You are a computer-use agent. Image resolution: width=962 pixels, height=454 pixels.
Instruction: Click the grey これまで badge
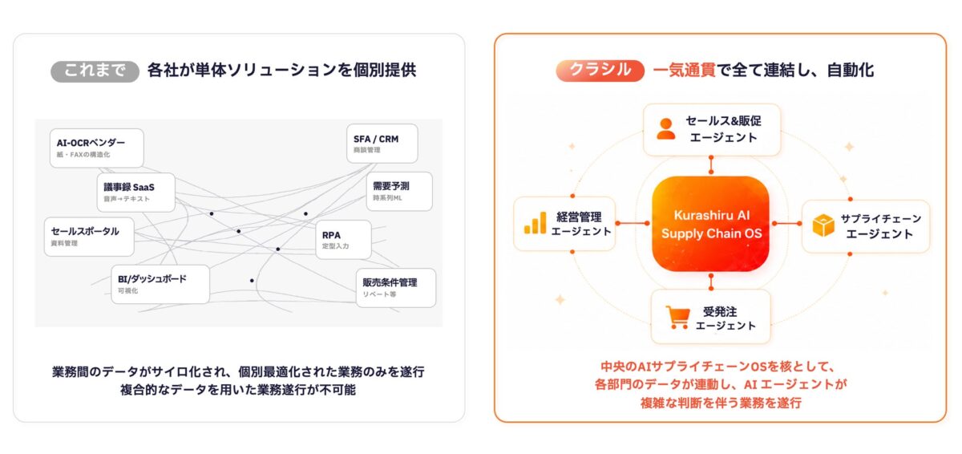(x=95, y=71)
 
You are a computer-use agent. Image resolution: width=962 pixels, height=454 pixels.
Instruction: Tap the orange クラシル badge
(x=600, y=71)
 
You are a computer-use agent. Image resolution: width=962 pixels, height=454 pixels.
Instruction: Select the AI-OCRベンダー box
(x=97, y=148)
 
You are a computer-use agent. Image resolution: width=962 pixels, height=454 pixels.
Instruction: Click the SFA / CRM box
(x=382, y=144)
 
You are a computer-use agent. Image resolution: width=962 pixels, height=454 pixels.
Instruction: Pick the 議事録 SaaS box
(x=135, y=192)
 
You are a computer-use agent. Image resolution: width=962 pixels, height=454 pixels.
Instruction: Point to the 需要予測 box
(x=399, y=191)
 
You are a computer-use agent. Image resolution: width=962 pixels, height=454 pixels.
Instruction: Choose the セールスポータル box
(x=89, y=237)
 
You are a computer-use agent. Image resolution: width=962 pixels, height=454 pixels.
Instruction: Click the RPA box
(x=344, y=240)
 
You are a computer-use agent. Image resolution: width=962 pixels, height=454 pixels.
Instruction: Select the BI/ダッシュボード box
(x=160, y=284)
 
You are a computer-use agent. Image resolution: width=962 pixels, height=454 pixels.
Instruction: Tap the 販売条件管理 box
(x=396, y=288)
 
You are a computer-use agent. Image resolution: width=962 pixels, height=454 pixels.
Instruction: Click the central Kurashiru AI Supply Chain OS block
(x=711, y=223)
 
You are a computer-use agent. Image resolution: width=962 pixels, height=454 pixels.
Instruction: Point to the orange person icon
(x=666, y=129)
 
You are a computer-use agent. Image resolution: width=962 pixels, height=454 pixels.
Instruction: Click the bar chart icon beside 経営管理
(x=536, y=223)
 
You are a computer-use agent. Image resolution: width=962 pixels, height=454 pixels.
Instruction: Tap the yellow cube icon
(x=823, y=225)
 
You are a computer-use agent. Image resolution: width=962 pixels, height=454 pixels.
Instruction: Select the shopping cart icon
(x=678, y=318)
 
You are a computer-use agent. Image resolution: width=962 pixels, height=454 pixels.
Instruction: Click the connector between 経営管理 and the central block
(x=633, y=223)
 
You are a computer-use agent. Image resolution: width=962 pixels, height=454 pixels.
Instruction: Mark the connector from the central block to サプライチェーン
(x=787, y=223)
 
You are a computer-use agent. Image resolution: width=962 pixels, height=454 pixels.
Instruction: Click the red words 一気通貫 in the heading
(x=684, y=71)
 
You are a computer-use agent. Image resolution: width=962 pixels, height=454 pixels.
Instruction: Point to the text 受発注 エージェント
(x=725, y=318)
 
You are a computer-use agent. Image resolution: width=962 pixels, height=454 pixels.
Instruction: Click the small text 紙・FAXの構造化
(x=83, y=155)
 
